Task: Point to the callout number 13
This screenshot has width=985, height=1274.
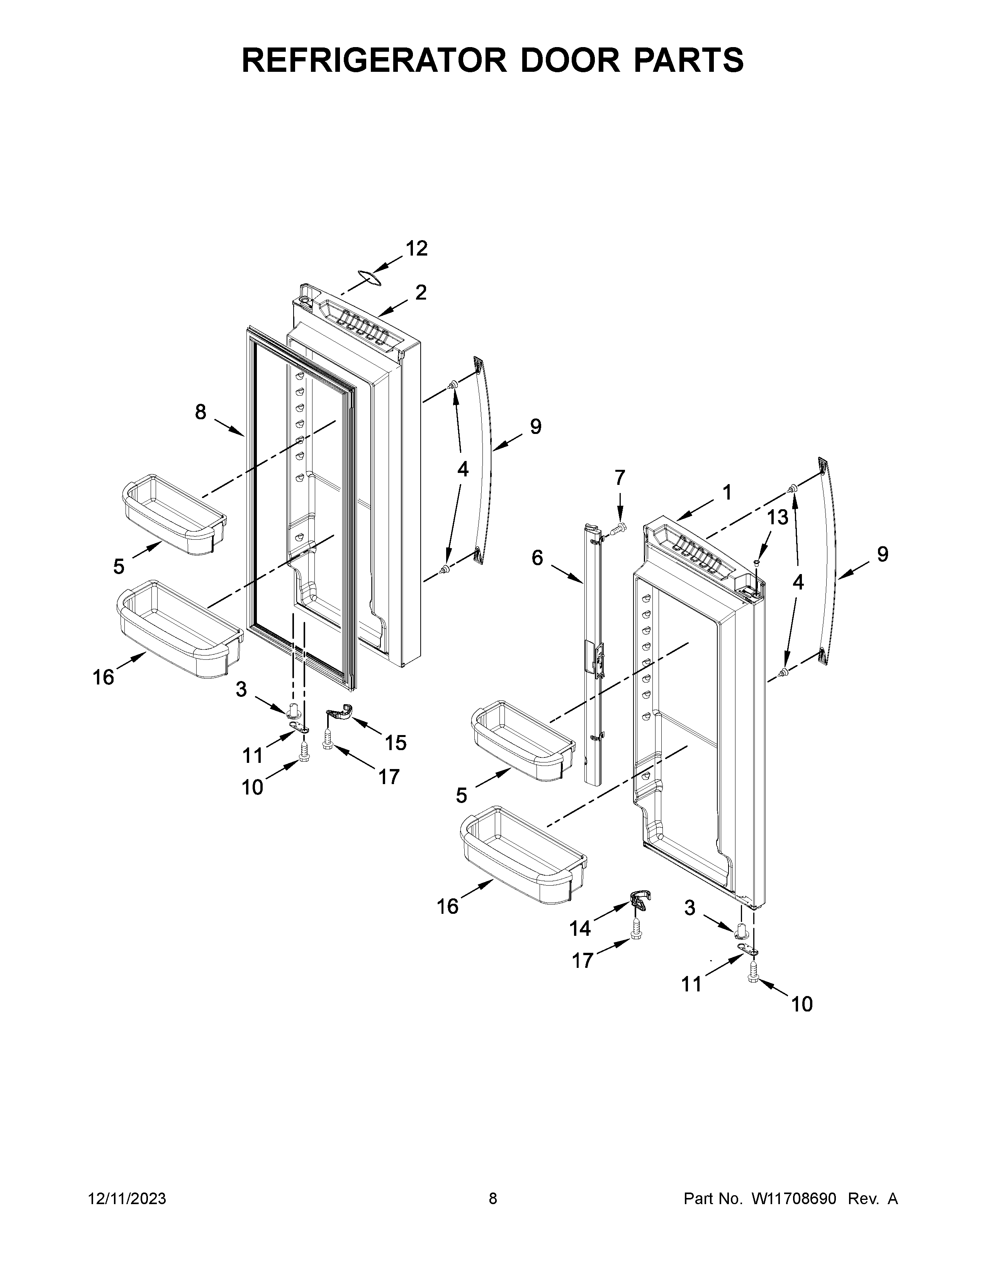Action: (777, 516)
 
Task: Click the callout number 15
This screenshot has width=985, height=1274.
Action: (395, 742)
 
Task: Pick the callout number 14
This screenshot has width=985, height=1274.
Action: (579, 928)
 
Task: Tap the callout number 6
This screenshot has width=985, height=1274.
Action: (537, 558)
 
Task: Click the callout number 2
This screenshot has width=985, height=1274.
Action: (421, 292)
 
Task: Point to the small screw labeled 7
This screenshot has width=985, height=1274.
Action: (619, 529)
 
